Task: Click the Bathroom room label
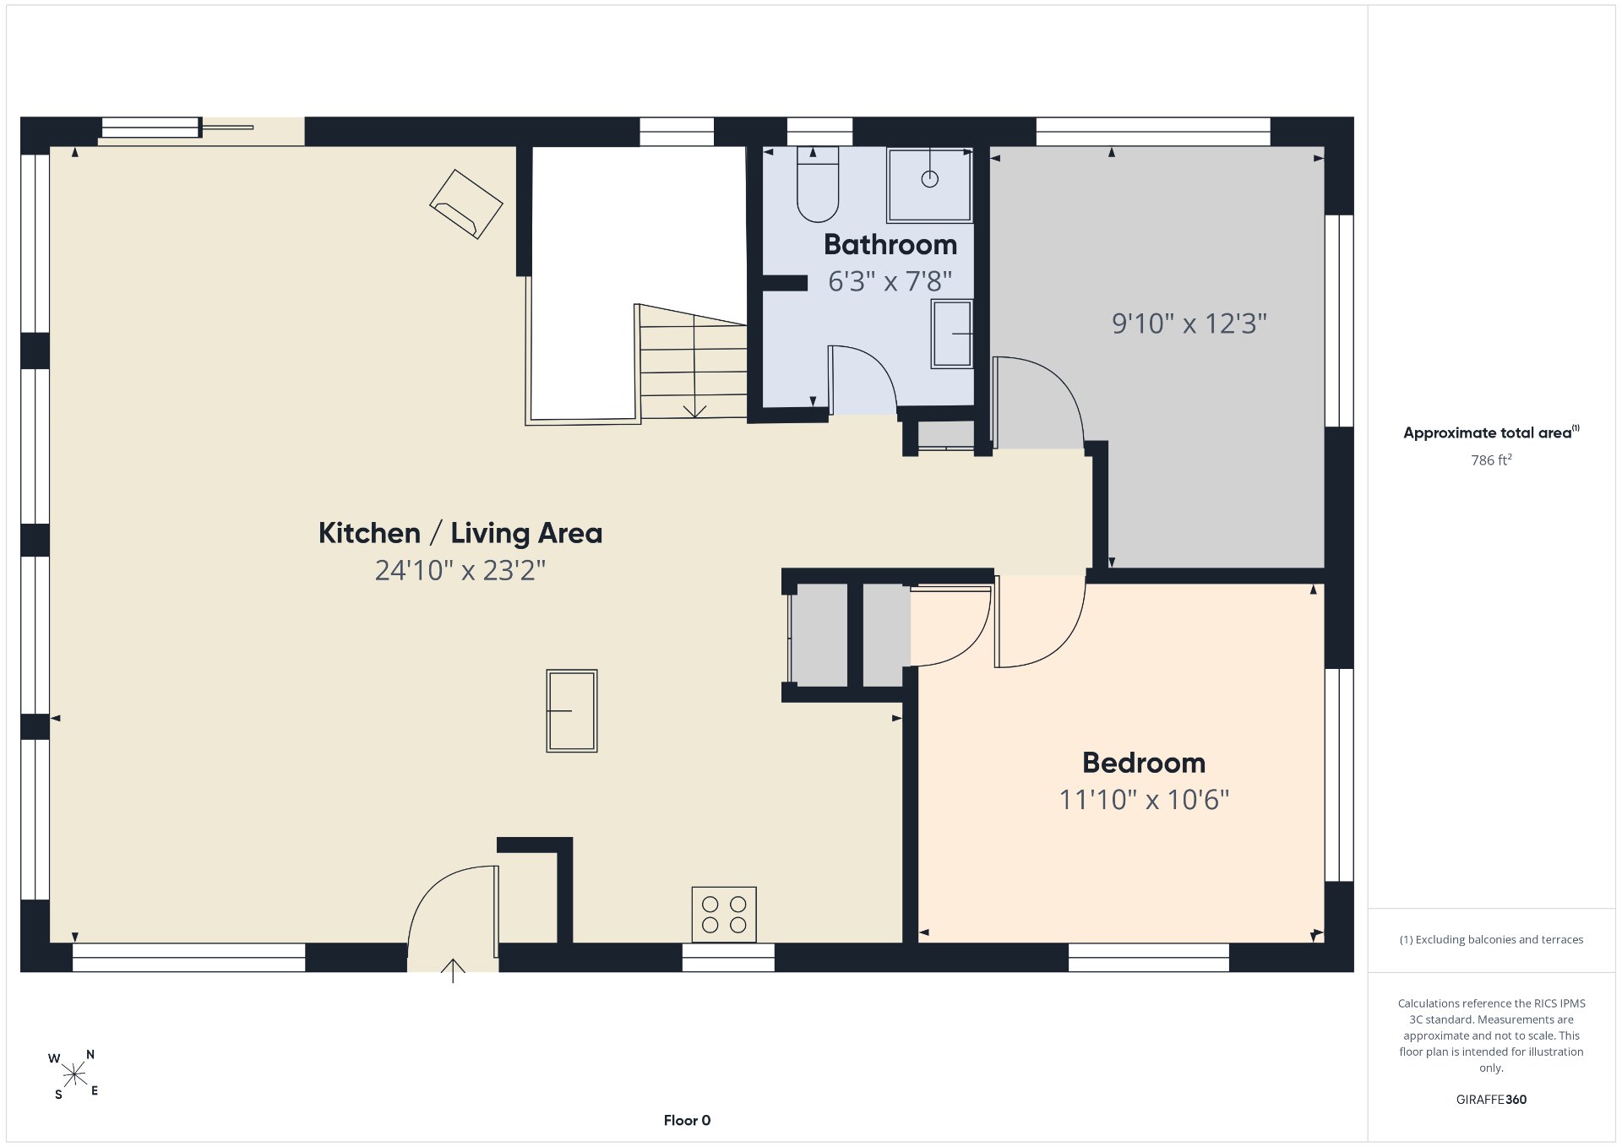tap(890, 245)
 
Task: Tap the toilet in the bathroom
tap(818, 184)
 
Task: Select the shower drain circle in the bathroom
tap(930, 179)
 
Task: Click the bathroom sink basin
tap(952, 334)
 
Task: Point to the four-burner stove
tap(724, 915)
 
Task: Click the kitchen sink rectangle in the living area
tap(572, 711)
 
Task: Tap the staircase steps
tap(693, 363)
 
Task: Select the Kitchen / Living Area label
tap(460, 533)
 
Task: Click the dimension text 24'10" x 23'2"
tap(460, 571)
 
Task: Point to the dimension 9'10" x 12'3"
tap(1189, 323)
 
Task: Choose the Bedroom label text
tap(1144, 763)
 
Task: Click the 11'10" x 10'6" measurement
tap(1144, 800)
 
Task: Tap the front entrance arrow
tap(454, 970)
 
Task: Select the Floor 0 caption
tap(687, 1121)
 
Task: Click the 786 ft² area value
tap(1491, 460)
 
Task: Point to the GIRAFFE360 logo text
tap(1491, 1100)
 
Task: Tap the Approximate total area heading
tap(1491, 432)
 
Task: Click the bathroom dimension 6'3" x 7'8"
tap(890, 281)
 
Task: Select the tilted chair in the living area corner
tap(466, 204)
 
